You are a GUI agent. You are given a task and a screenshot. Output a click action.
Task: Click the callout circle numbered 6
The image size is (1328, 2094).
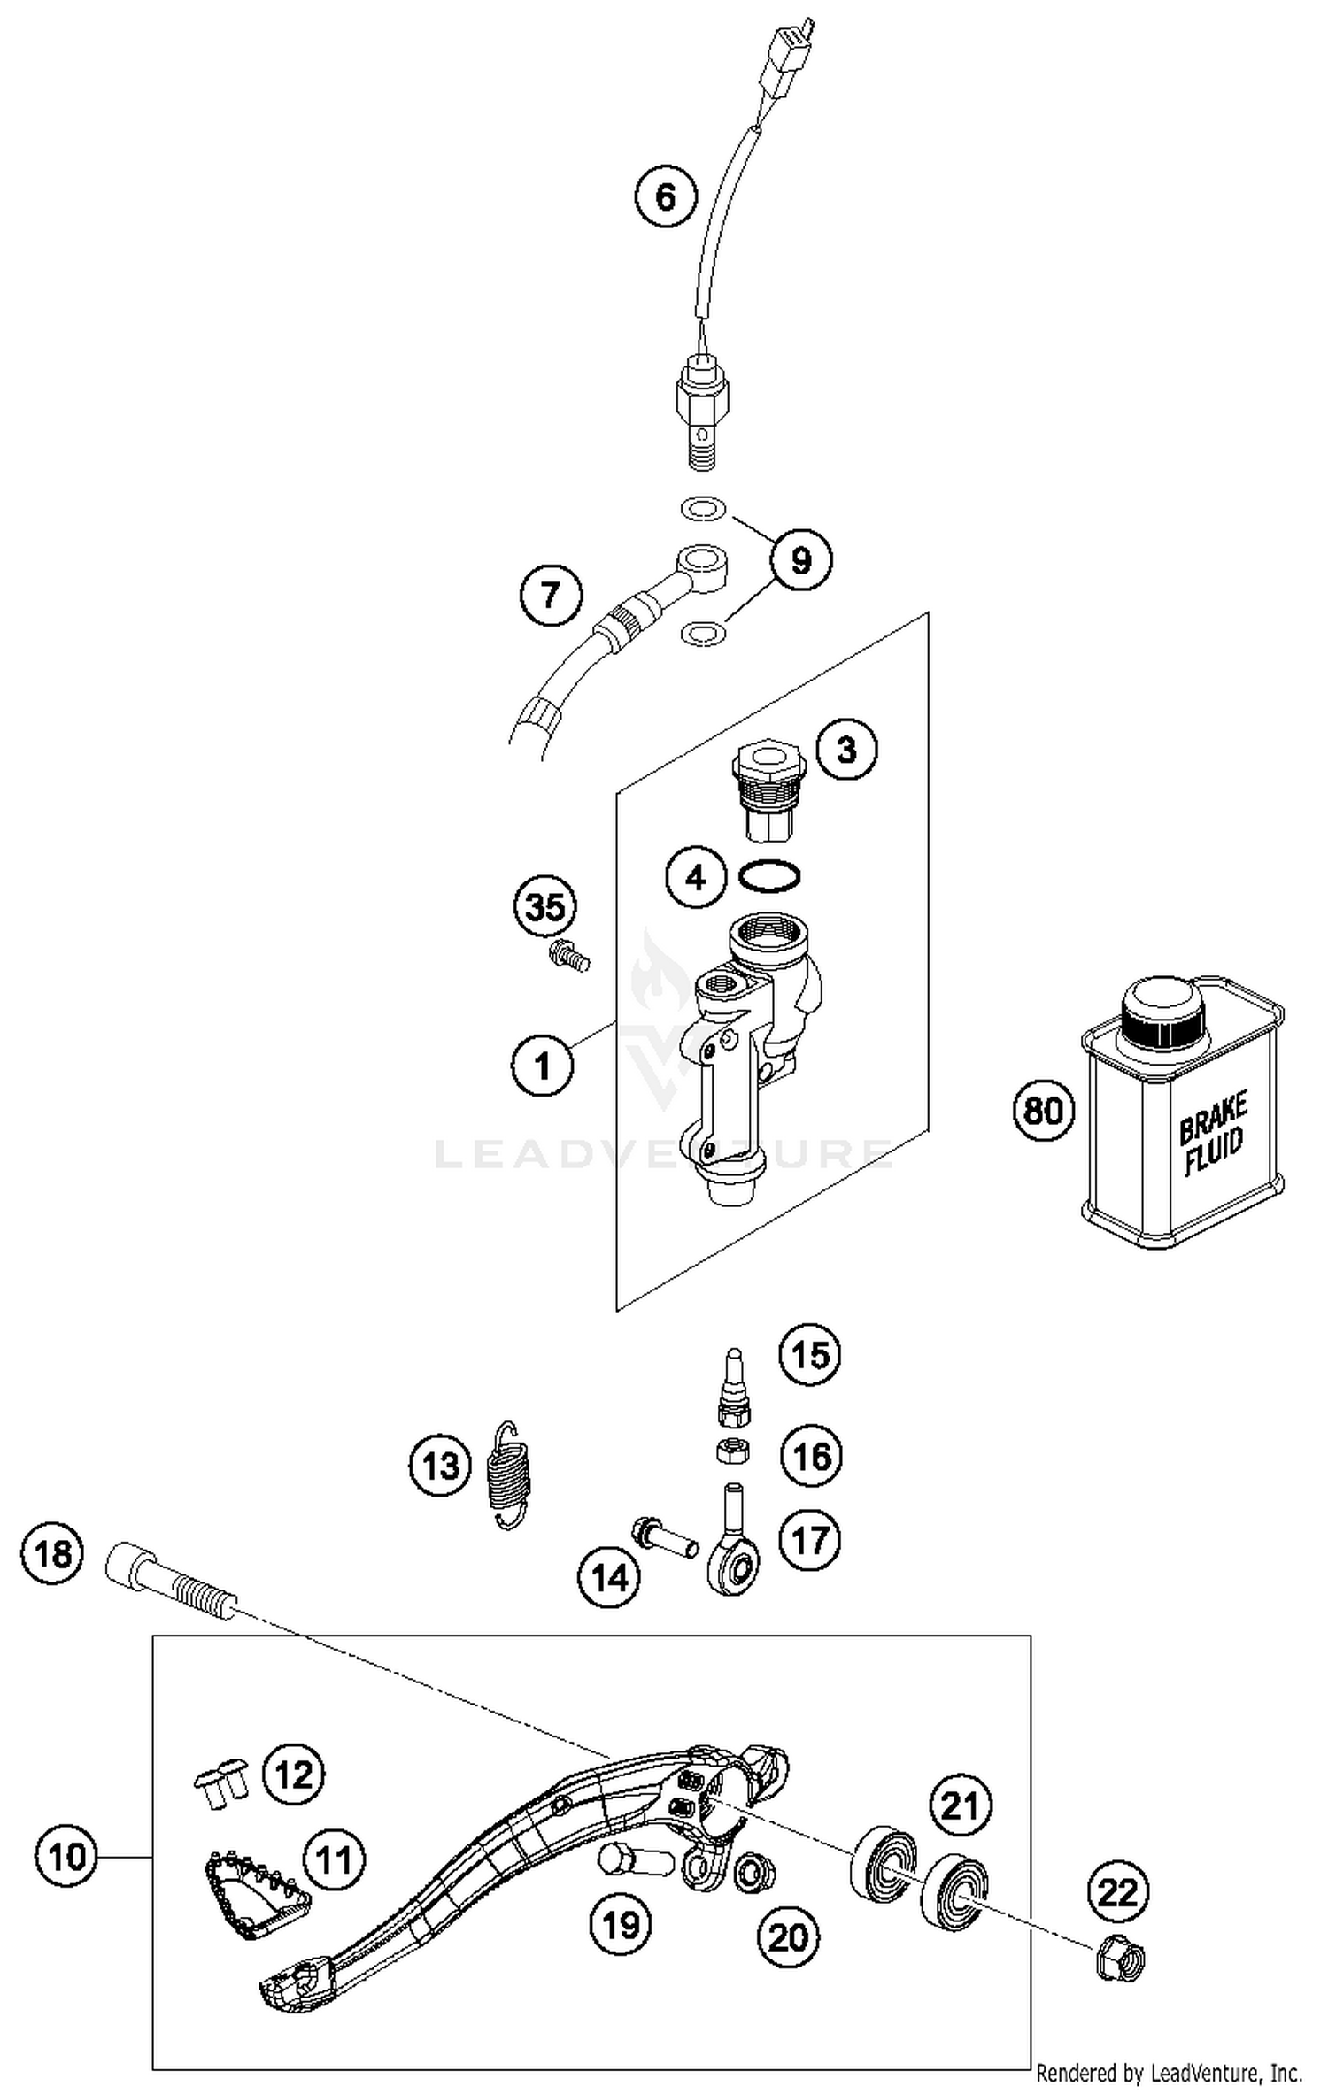(x=665, y=196)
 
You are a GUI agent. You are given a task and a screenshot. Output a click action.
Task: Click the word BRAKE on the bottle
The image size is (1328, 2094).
(x=1213, y=1120)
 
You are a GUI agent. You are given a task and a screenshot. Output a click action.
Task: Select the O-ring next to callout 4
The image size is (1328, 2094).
(x=769, y=876)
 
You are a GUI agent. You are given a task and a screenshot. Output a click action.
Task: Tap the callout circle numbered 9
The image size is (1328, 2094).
(x=800, y=559)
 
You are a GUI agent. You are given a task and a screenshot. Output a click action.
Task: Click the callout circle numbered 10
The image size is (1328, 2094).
(x=67, y=1857)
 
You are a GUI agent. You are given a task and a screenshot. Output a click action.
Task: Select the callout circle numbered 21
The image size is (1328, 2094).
(x=960, y=1805)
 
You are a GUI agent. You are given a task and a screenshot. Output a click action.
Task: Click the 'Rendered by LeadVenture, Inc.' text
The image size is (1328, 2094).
(x=1169, y=2074)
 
